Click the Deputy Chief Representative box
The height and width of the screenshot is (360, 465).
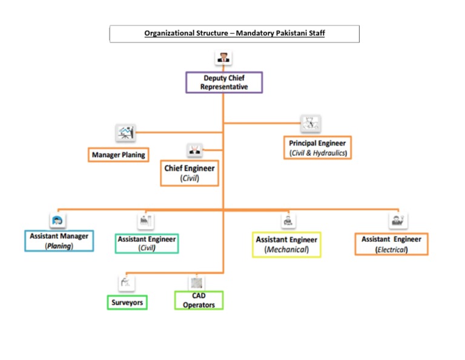pos(224,82)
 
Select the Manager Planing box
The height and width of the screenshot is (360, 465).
pos(118,155)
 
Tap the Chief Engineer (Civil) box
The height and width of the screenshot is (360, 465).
pos(190,173)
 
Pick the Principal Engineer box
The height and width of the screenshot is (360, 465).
pos(317,148)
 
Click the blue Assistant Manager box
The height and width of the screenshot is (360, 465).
pos(59,241)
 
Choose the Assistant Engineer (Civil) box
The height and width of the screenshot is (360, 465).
pos(147,243)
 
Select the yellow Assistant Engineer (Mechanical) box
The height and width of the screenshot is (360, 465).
pos(286,244)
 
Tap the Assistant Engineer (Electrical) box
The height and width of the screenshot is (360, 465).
pos(391,244)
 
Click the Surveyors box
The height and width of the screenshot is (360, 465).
pos(128,301)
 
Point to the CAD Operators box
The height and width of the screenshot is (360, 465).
pos(199,300)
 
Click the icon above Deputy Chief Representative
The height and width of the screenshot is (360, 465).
pos(224,59)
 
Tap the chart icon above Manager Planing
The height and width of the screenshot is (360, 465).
pos(125,132)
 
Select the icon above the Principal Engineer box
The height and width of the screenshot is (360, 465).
pos(311,124)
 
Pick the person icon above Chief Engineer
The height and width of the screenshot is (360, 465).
pos(194,149)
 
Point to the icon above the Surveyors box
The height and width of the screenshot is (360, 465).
pos(126,282)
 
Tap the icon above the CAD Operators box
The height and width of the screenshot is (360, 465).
pos(196,282)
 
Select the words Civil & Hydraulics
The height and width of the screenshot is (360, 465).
pos(317,153)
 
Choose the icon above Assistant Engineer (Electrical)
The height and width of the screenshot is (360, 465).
pos(398,219)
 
